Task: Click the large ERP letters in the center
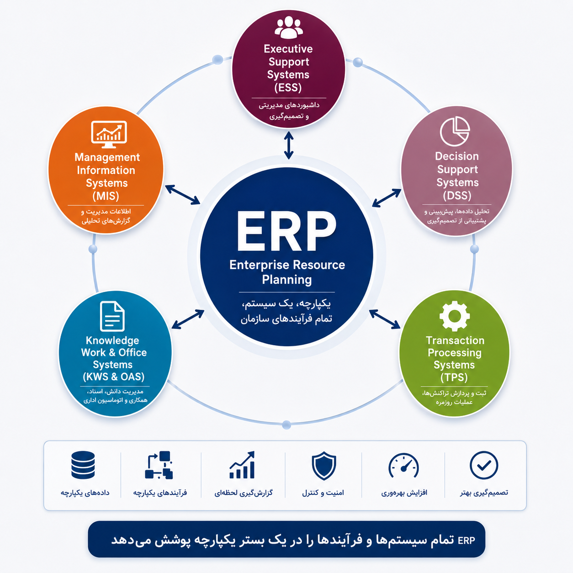point(286,232)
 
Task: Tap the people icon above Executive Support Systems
point(288,27)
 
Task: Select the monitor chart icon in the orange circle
point(109,134)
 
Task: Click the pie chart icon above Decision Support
point(455,132)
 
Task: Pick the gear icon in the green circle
point(454,316)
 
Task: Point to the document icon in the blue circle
point(112,316)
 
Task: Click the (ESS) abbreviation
point(288,88)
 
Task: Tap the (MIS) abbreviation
point(106,196)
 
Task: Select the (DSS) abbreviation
point(457,196)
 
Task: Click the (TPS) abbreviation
point(454,377)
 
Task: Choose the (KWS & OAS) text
point(114,377)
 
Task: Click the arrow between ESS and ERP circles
point(288,145)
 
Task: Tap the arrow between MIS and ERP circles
point(182,195)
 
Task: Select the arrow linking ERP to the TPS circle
point(384,319)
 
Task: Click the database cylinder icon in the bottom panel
point(83,465)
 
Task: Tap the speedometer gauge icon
point(403,466)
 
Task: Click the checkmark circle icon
point(484,465)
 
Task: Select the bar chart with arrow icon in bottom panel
point(242,465)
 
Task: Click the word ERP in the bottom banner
point(466,540)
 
